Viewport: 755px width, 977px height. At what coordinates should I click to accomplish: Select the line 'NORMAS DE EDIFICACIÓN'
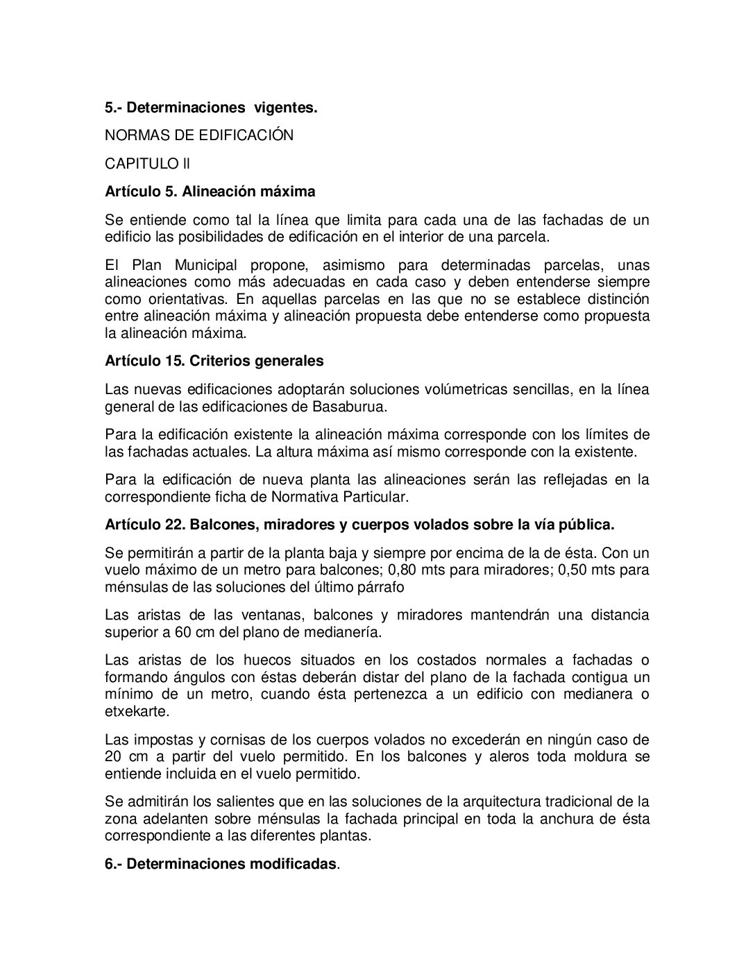coord(199,135)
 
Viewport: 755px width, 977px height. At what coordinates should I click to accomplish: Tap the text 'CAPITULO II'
coord(147,164)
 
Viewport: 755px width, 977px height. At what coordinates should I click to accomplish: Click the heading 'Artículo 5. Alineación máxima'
coord(210,191)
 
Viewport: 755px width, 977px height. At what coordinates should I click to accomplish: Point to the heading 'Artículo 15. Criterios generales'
coord(214,361)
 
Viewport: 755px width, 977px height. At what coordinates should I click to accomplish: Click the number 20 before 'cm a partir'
coord(114,756)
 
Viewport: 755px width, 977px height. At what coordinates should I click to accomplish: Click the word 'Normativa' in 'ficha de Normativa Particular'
coord(300,497)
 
